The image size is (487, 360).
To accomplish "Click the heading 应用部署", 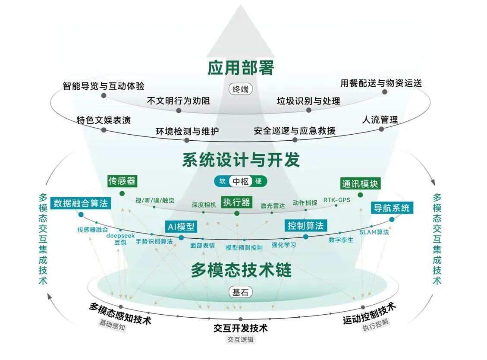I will coord(241,67).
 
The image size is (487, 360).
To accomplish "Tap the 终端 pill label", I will coord(241,90).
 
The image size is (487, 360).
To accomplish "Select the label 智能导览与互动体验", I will coord(104,85).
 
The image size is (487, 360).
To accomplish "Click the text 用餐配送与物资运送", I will coord(381,83).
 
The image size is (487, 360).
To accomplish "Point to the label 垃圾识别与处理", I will coord(308,101).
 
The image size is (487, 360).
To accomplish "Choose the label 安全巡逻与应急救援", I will coord(295,130).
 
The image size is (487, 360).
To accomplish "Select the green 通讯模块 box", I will coord(360,183).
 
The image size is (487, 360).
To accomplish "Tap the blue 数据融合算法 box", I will coord(81,203).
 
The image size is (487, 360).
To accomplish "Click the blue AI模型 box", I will coord(181,227).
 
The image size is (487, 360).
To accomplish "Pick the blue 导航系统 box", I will coord(391,208).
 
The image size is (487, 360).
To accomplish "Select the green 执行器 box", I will coord(236,202).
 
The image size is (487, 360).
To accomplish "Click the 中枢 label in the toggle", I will coord(241,181).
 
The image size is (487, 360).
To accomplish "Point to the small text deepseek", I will coord(120,236).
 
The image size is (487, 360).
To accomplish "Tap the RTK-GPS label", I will coord(336,199).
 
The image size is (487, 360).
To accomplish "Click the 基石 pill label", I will coord(241,292).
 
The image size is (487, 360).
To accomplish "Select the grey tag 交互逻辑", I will coord(241,339).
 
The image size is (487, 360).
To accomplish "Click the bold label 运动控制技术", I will coord(369,313).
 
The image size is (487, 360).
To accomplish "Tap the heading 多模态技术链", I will coord(241,270).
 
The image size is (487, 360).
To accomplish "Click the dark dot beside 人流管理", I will coord(381,129).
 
